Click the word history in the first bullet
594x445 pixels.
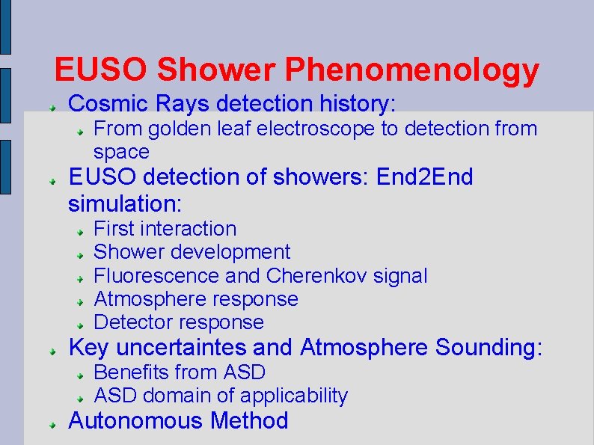pyautogui.click(x=352, y=102)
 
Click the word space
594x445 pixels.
pyautogui.click(x=121, y=152)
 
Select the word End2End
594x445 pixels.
pyautogui.click(x=425, y=178)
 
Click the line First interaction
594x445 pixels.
pyautogui.click(x=165, y=229)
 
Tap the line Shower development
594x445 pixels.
pyautogui.click(x=192, y=252)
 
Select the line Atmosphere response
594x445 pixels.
pyautogui.click(x=195, y=299)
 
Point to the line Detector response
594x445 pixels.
pyautogui.click(x=179, y=322)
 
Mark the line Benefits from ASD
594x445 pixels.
pyautogui.click(x=180, y=372)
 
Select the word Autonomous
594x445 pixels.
pyautogui.click(x=136, y=420)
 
